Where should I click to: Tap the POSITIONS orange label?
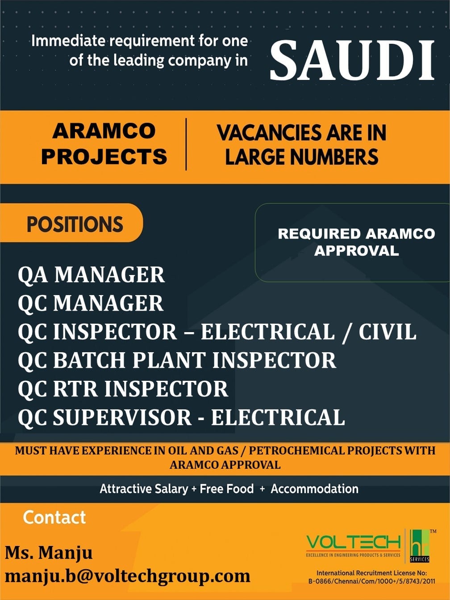point(71,223)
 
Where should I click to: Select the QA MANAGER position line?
point(91,275)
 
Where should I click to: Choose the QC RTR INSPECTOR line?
point(123,388)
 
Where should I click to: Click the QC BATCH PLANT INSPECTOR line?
point(177,360)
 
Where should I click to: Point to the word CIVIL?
point(387,331)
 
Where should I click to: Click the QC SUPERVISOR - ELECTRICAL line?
point(181,417)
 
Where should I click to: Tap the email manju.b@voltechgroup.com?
point(128,576)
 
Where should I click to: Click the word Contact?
point(54,517)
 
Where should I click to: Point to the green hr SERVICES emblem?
point(419,546)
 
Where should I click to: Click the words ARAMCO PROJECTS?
point(104,144)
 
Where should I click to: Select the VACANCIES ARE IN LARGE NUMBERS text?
point(302,145)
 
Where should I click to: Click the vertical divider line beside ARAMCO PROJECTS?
point(186,144)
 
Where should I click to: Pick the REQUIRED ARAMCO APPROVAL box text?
point(356,242)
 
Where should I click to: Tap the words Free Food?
point(227,489)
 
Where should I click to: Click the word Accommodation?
point(314,489)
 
